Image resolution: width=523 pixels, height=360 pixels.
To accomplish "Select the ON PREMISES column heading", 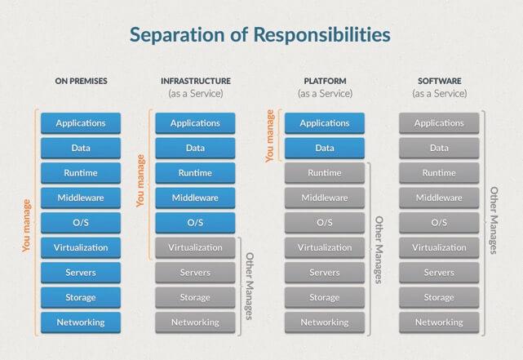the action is click(x=81, y=81).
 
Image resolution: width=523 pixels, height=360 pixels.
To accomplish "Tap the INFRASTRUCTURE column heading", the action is click(x=196, y=81).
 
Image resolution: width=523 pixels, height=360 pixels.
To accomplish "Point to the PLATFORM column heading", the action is click(x=325, y=81).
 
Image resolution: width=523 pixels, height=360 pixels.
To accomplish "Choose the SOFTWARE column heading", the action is click(x=440, y=81).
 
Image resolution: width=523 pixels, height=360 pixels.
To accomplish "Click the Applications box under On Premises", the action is click(x=81, y=123).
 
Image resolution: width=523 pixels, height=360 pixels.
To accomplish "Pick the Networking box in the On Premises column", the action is click(x=81, y=322).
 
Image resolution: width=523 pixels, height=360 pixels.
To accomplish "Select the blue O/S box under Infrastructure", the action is click(x=195, y=223).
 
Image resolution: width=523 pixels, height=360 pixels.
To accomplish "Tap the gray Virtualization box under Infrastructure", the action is click(x=195, y=247).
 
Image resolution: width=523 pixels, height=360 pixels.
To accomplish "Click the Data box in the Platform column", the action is click(x=325, y=148).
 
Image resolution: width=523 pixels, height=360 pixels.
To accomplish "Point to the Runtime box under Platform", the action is click(x=325, y=173).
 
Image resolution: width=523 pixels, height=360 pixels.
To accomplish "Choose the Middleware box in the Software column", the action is click(x=439, y=198).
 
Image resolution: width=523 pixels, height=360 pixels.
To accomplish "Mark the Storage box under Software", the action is click(x=439, y=297).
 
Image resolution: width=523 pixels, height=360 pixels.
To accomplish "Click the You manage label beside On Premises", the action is click(x=26, y=225).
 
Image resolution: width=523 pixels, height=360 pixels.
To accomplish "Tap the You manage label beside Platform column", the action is click(x=270, y=136).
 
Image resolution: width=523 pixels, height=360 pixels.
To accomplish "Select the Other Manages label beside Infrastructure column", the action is click(x=250, y=286).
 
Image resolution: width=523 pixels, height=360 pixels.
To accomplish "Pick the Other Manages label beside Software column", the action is click(x=494, y=220).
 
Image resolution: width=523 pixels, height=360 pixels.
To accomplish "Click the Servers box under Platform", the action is click(x=325, y=273).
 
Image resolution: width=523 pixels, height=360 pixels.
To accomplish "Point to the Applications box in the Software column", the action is click(x=439, y=123).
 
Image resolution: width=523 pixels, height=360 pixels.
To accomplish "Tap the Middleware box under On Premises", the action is click(x=81, y=198).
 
